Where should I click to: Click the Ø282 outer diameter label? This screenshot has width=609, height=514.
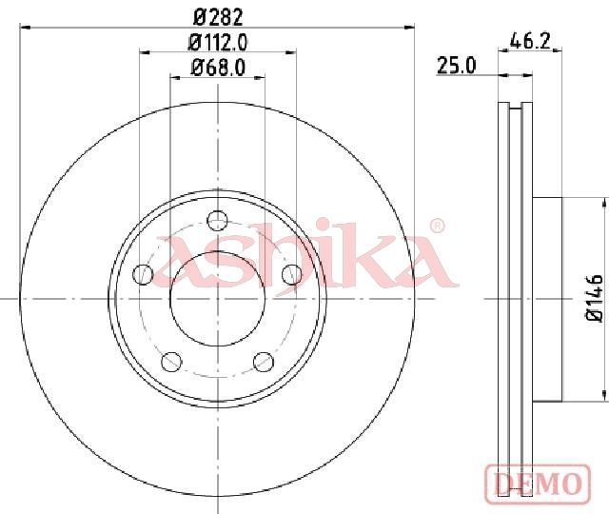click(x=218, y=17)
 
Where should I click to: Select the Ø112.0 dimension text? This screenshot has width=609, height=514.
click(x=218, y=42)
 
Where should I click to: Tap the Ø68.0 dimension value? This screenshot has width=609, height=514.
click(x=218, y=68)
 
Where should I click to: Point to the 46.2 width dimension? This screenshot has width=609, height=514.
click(x=530, y=40)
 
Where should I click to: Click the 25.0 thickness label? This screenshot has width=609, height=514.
click(x=456, y=65)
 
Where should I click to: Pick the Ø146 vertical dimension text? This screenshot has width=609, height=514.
click(x=594, y=298)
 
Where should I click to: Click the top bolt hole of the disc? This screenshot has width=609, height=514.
click(x=218, y=221)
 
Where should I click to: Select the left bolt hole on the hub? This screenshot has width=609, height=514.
click(x=143, y=274)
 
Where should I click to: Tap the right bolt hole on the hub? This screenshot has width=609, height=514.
click(x=292, y=274)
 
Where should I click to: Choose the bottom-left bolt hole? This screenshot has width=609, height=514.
click(x=171, y=362)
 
